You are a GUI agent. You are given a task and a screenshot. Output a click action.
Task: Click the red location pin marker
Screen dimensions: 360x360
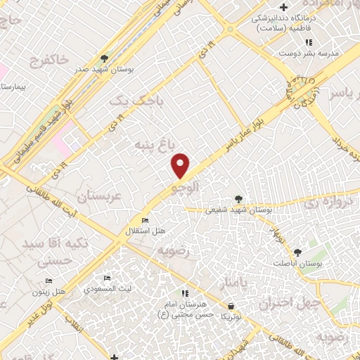pos(181,165)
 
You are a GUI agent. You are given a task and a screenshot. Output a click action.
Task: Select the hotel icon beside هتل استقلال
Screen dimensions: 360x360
pos(146,220)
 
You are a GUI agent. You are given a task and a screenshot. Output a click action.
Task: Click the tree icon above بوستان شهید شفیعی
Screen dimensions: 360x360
pos(239,199)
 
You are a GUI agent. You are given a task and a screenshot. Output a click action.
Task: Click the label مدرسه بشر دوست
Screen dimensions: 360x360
pos(309,53)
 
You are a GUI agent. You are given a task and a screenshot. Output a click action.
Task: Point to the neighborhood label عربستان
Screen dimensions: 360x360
pos(106,198)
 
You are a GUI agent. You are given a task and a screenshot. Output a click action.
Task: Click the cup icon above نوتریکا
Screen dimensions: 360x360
pos(231,306)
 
